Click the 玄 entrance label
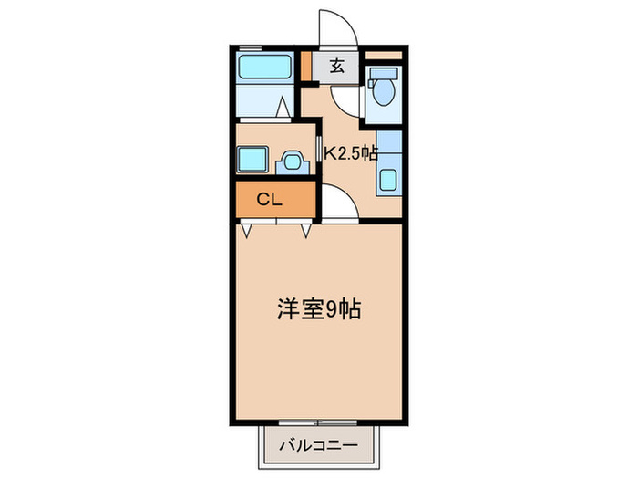(336, 66)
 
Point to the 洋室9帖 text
(318, 309)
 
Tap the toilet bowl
(384, 91)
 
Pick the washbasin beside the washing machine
(293, 162)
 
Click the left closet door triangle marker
(247, 232)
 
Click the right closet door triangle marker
(305, 232)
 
